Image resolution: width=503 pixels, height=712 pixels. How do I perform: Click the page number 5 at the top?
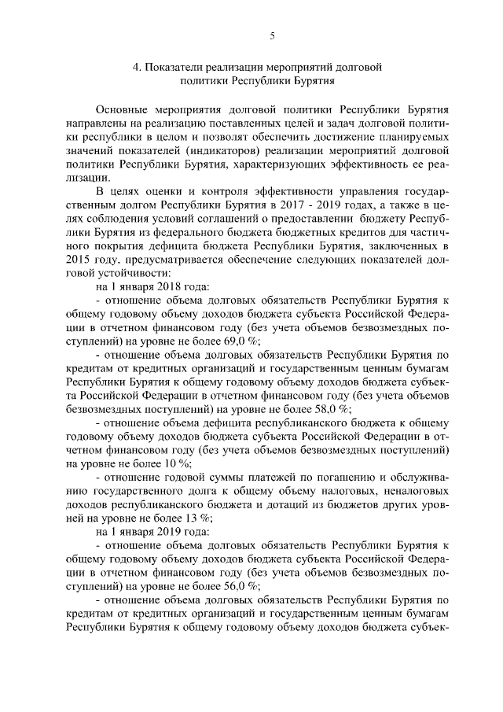click(x=271, y=35)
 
